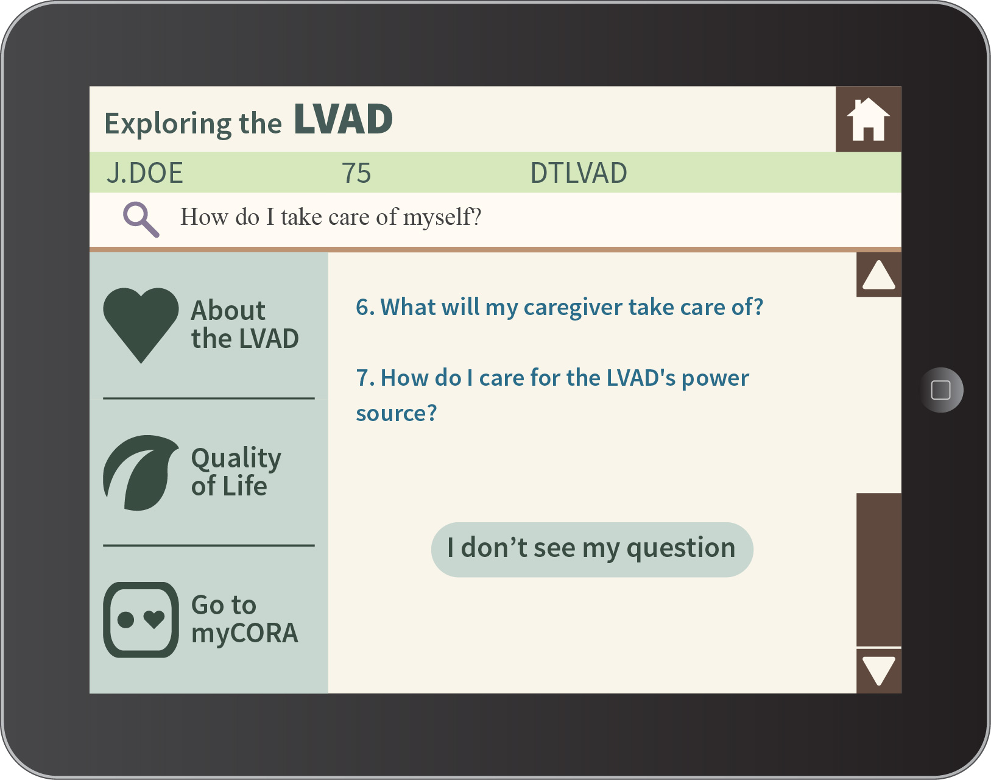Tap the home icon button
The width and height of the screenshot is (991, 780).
point(868,119)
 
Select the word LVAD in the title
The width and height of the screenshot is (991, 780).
point(343,119)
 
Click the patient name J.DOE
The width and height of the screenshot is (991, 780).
point(144,173)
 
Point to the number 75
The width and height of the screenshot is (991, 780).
point(356,173)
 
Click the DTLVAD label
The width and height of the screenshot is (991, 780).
point(579,173)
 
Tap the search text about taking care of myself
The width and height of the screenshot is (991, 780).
point(331,217)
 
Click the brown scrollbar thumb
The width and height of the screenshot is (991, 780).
point(879,569)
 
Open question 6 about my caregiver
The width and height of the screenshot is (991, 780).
point(560,307)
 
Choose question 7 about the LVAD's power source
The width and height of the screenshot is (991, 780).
point(552,395)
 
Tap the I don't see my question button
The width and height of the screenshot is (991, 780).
point(592,549)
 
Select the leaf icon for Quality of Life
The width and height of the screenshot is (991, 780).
point(141,473)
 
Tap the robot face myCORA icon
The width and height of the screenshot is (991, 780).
point(141,620)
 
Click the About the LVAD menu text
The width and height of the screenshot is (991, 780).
point(245,324)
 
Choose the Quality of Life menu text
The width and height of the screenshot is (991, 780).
point(236,473)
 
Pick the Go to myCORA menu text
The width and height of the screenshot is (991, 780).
point(244,619)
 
